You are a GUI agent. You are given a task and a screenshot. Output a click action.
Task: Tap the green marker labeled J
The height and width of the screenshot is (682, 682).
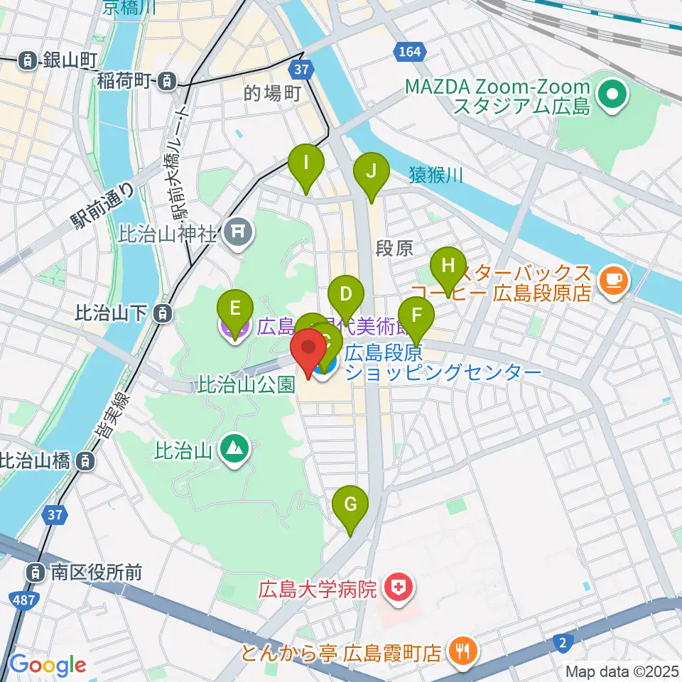371,171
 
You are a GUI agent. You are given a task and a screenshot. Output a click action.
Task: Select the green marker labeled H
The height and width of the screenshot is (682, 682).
448,266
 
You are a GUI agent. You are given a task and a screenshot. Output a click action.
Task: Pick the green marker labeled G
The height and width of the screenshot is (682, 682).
350,504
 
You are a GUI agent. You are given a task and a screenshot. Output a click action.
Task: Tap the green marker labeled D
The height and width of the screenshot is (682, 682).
346,294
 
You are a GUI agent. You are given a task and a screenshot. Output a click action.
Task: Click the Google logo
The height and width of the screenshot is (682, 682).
48,665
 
